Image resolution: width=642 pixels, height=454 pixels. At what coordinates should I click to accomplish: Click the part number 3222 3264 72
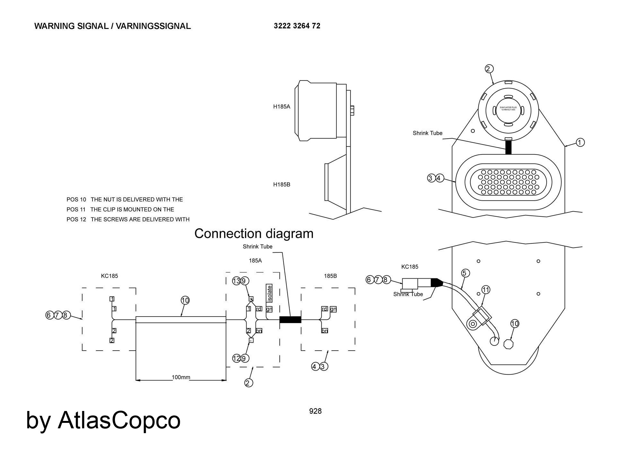click(297, 26)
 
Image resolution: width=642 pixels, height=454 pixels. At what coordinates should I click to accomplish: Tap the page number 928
click(315, 411)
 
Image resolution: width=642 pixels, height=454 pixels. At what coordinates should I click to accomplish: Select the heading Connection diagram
click(254, 233)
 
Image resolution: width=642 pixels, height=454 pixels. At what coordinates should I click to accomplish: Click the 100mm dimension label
click(181, 377)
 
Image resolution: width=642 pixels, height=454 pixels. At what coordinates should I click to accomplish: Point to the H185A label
click(282, 107)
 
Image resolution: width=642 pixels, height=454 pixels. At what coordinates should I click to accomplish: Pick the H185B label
click(282, 185)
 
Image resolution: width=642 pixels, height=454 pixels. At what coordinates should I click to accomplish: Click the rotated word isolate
click(269, 293)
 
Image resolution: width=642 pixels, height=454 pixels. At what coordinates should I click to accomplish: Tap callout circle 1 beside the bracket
click(580, 142)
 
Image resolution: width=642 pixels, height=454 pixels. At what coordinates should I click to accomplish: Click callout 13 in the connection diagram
click(236, 281)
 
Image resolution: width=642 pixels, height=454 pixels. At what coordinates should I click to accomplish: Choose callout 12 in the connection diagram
click(236, 358)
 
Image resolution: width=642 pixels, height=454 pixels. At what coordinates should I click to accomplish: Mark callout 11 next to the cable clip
click(486, 290)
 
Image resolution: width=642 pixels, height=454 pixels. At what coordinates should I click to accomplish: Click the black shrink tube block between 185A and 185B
click(290, 319)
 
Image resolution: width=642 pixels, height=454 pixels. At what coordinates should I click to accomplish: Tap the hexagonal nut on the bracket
click(508, 344)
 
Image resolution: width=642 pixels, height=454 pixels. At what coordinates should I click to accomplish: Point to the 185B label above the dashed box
click(330, 276)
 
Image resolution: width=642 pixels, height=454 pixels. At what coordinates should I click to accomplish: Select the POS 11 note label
click(76, 209)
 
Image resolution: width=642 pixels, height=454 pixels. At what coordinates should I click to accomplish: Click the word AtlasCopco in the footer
click(119, 420)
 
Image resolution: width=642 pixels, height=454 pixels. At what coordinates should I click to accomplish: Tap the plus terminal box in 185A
click(251, 299)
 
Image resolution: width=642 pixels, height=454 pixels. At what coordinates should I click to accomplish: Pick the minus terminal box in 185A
click(251, 340)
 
